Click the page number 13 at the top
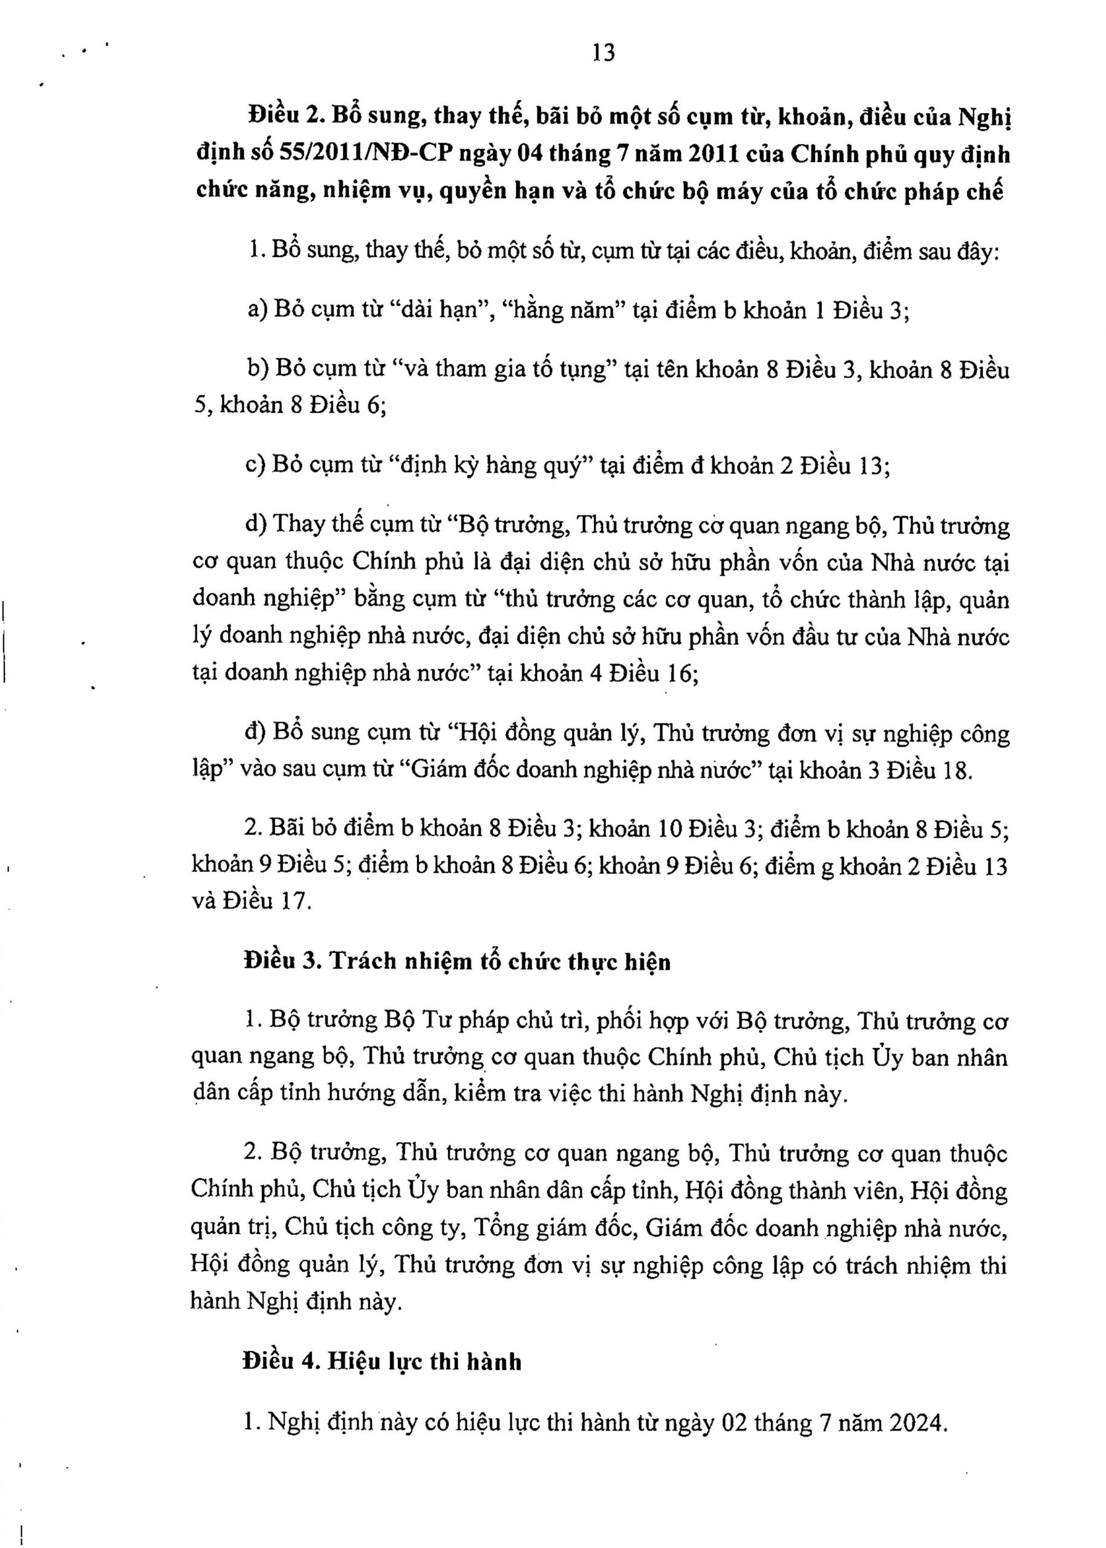point(604,53)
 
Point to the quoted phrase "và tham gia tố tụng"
point(506,370)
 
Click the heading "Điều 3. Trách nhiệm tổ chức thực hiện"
point(457,961)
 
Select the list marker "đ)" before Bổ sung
point(253,733)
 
